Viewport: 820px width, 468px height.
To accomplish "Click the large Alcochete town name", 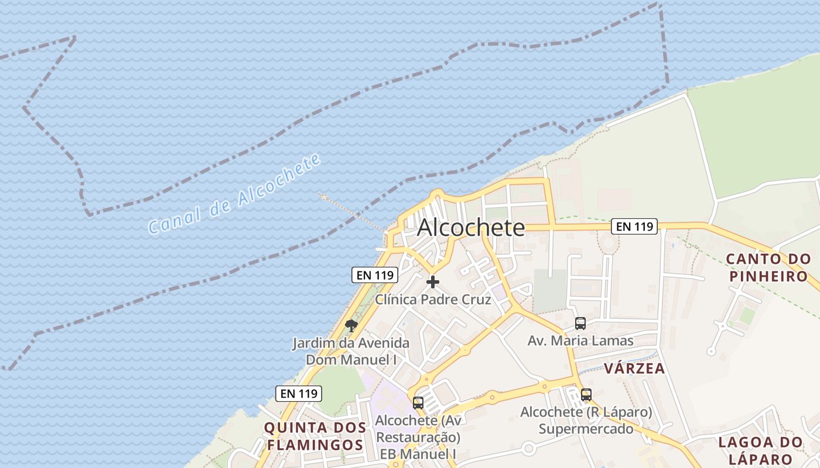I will pyautogui.click(x=470, y=228).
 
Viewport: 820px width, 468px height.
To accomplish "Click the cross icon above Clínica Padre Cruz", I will pyautogui.click(x=433, y=282).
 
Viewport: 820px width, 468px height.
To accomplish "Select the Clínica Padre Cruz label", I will pyautogui.click(x=433, y=300).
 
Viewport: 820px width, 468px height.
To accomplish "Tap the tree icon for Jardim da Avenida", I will pyautogui.click(x=351, y=325).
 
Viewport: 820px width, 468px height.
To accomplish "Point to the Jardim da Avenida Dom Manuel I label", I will pyautogui.click(x=351, y=351).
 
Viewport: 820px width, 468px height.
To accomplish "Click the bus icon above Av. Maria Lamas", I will pyautogui.click(x=580, y=323).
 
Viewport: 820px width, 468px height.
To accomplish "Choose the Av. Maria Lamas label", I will pyautogui.click(x=580, y=340).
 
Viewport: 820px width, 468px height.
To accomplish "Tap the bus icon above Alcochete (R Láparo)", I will pyautogui.click(x=586, y=395).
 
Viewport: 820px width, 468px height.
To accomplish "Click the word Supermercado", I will pyautogui.click(x=586, y=429).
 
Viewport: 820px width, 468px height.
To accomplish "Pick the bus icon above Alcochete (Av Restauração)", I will pyautogui.click(x=418, y=402).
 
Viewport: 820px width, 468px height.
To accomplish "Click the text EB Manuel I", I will pyautogui.click(x=418, y=454).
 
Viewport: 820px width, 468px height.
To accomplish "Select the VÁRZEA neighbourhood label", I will pyautogui.click(x=634, y=369).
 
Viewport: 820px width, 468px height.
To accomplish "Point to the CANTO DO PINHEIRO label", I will pyautogui.click(x=768, y=267).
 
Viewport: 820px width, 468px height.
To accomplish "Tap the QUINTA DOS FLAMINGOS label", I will pyautogui.click(x=315, y=436).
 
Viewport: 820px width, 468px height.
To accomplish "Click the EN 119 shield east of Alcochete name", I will pyautogui.click(x=634, y=226).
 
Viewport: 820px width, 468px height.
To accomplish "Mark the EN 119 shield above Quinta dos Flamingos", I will pyautogui.click(x=299, y=394).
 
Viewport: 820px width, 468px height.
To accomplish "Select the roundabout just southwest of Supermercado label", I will pyautogui.click(x=529, y=449).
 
